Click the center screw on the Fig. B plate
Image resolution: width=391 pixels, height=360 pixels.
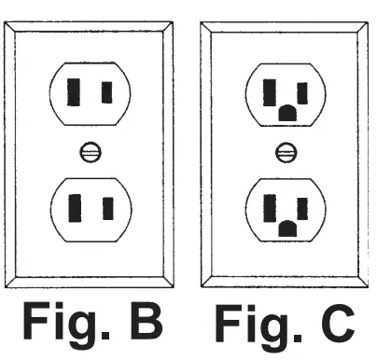pos(91,150)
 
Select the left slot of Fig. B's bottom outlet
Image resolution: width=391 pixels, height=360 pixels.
pos(74,205)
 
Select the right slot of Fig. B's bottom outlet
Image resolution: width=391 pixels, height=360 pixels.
pos(106,205)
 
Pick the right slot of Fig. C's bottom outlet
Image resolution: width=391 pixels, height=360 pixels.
pos(302,204)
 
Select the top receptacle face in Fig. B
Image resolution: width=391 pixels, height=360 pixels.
pos(91,92)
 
